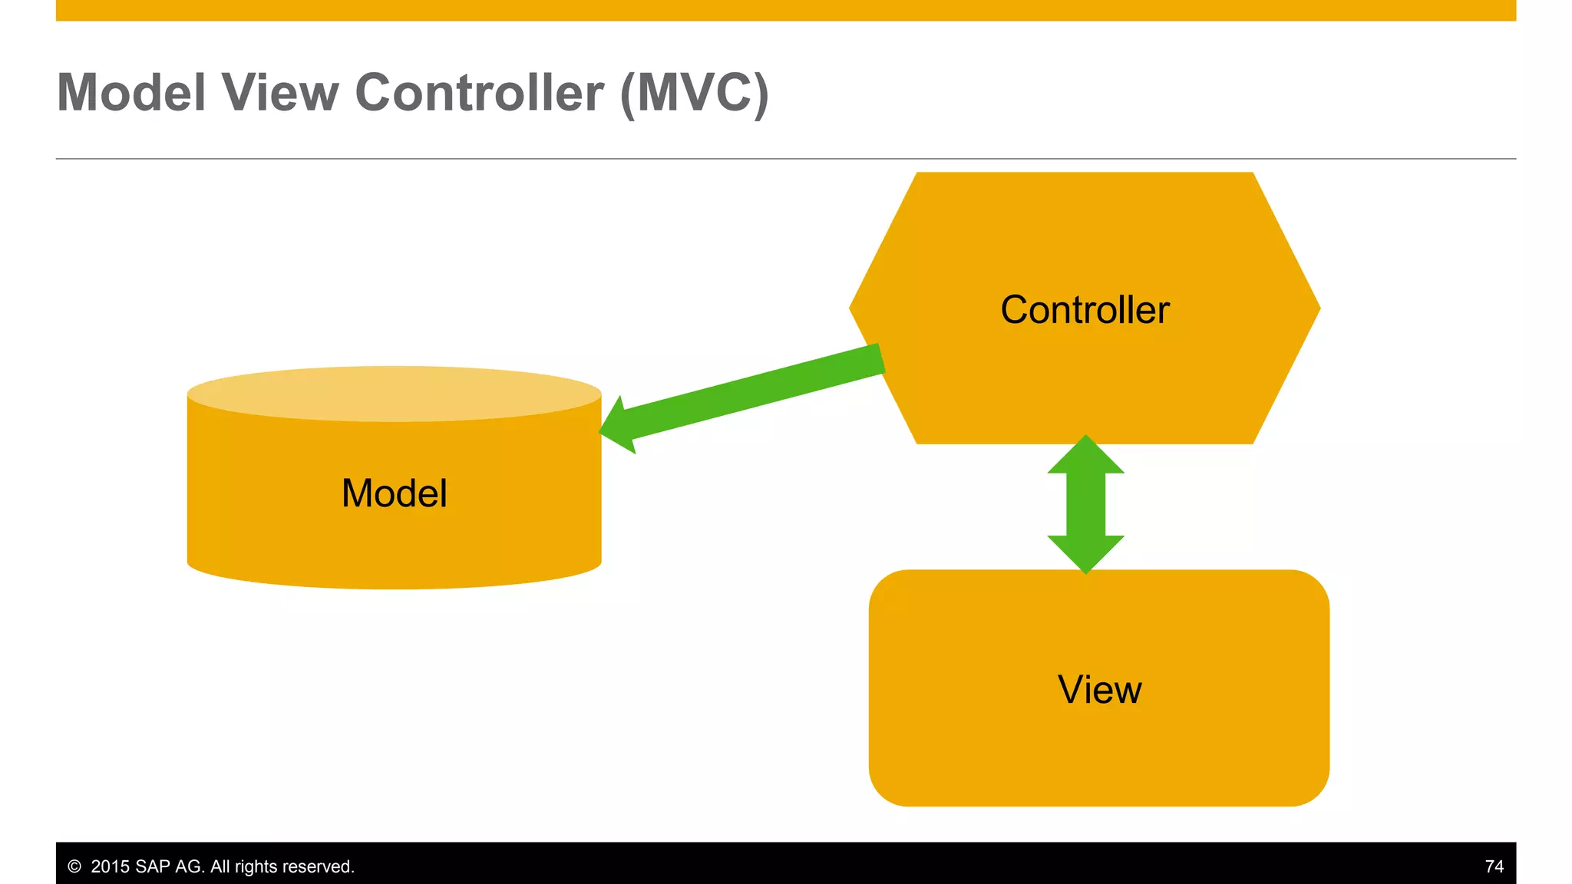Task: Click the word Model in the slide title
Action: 131,93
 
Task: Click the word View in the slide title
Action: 280,93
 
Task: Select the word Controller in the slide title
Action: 479,93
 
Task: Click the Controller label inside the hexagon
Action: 1085,310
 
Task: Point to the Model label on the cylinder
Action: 394,493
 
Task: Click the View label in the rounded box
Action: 1099,689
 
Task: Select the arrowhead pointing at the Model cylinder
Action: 619,426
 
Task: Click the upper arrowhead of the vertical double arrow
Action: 1085,456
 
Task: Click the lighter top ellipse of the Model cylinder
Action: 394,393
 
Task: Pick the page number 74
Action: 1494,866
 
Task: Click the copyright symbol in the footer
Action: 74,866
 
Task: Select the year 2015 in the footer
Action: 111,866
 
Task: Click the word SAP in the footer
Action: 153,866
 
